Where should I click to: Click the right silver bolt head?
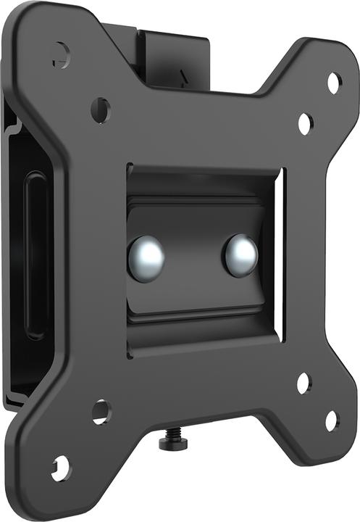pyautogui.click(x=240, y=255)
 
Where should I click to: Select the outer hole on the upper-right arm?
pyautogui.click(x=333, y=83)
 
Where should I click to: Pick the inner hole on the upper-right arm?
pyautogui.click(x=305, y=123)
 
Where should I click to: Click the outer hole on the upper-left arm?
pyautogui.click(x=61, y=52)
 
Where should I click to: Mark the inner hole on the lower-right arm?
pyautogui.click(x=304, y=383)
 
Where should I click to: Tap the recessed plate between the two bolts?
pyautogui.click(x=193, y=258)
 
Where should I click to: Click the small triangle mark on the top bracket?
pyautogui.click(x=183, y=73)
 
